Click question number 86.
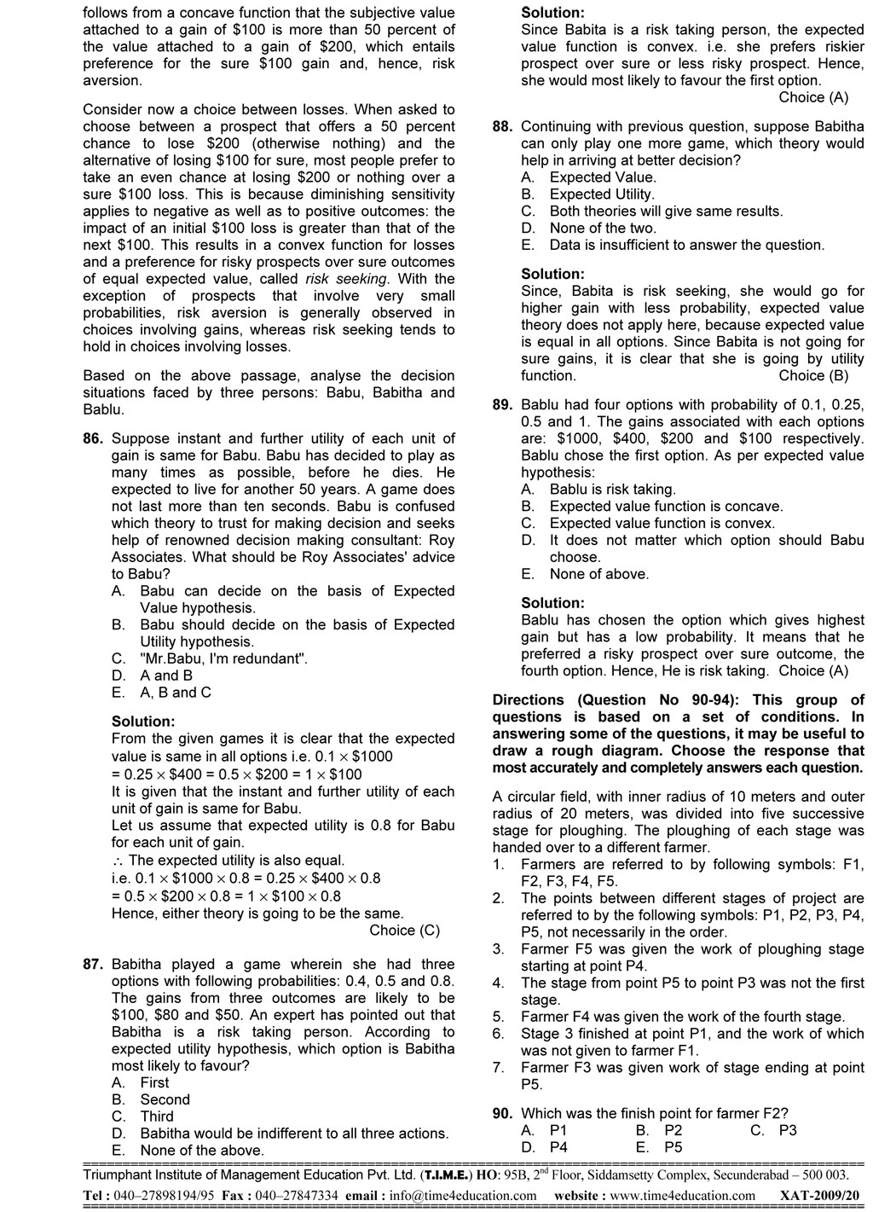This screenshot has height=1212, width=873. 93,438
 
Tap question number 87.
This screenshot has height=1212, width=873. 93,965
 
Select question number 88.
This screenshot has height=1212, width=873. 502,126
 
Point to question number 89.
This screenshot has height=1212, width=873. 502,405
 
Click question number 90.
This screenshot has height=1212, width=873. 502,1113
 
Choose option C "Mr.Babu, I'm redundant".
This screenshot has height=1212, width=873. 223,658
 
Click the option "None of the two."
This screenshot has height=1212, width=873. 603,228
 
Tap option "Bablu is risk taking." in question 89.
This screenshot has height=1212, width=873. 612,490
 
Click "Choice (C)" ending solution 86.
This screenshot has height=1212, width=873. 405,931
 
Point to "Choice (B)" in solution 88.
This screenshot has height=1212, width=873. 813,375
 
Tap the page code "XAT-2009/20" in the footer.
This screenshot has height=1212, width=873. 820,1196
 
